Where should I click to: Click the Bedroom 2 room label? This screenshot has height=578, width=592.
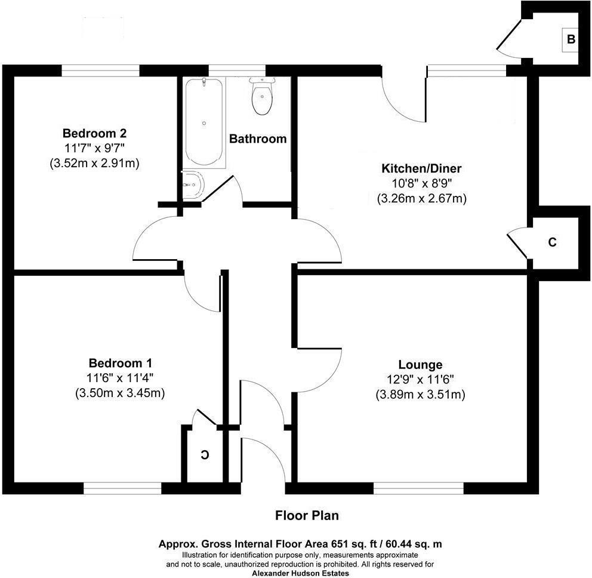[94, 133]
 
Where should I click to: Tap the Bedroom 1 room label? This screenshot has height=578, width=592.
[120, 363]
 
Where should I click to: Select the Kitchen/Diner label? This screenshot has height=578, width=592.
[421, 168]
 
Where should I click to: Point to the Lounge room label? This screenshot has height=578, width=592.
[420, 365]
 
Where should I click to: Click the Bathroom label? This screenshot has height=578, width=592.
[258, 139]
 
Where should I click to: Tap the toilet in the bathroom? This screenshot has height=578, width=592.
[262, 96]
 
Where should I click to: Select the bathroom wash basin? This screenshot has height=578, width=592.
[193, 185]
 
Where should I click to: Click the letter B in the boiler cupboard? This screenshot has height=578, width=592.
[571, 39]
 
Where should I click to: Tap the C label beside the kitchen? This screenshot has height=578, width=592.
[553, 242]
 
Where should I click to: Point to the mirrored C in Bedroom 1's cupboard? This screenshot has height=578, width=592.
[205, 455]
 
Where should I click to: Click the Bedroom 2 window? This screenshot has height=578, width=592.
[100, 70]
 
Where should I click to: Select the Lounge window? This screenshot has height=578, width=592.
[418, 488]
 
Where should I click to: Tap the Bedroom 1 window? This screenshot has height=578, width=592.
[122, 488]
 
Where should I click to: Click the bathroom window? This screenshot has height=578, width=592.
[237, 70]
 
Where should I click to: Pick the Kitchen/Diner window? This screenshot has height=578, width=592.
[467, 70]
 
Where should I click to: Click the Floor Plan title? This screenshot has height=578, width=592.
[307, 515]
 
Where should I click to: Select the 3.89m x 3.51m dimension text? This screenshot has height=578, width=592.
[420, 395]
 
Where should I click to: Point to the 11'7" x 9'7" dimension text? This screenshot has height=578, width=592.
[94, 149]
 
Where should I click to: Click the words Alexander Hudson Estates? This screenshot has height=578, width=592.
[301, 573]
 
